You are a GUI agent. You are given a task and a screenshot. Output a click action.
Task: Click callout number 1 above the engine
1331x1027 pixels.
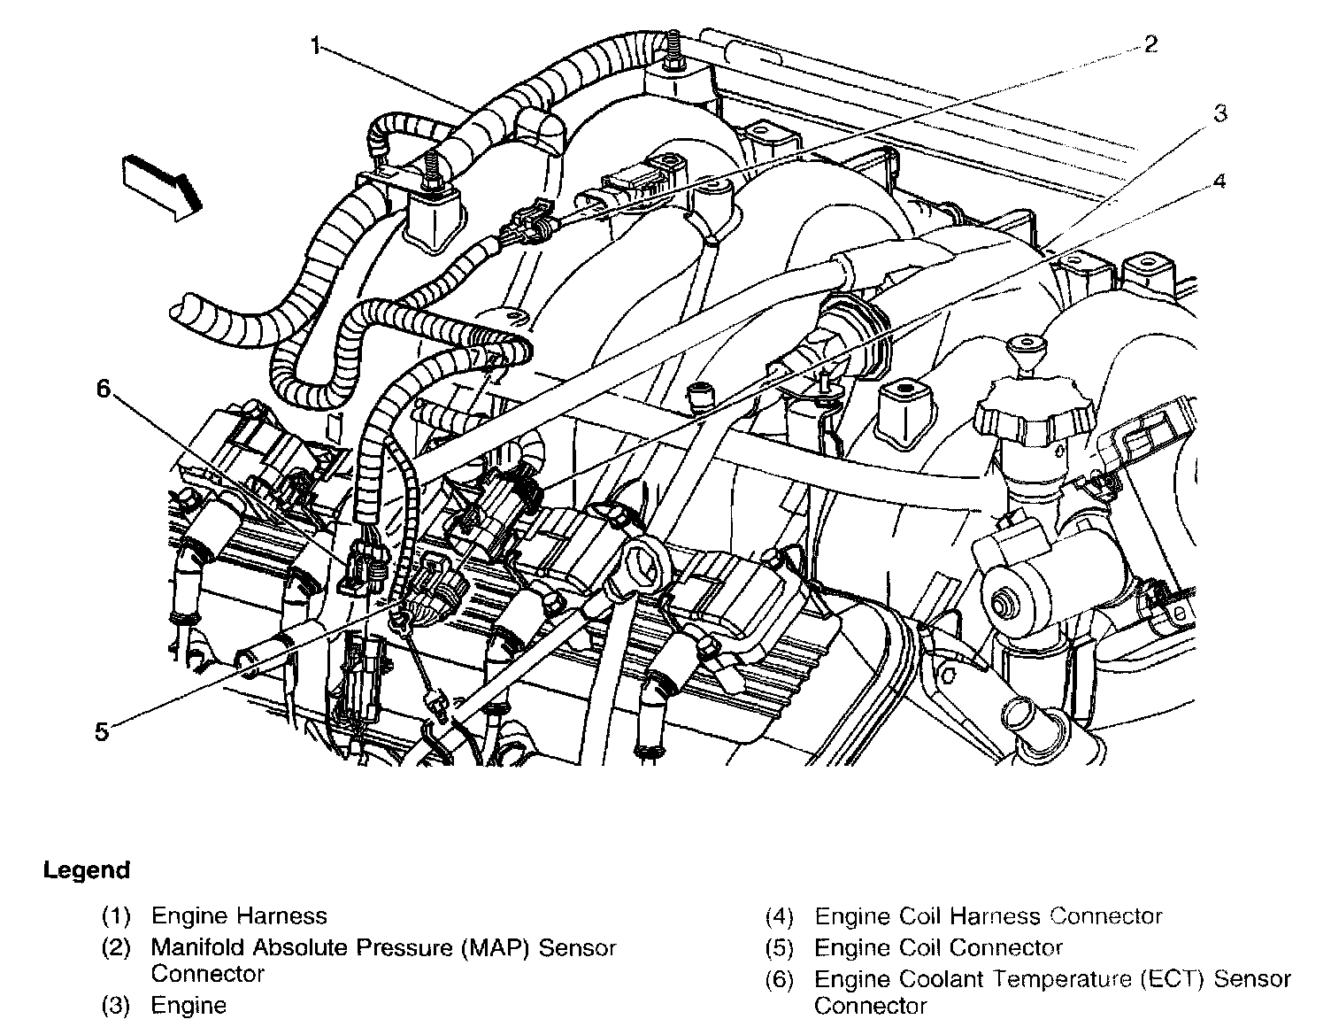point(316,45)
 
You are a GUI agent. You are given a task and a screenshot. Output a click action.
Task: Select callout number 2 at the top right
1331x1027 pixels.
point(1150,43)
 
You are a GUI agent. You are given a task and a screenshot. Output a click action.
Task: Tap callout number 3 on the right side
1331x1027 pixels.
point(1219,113)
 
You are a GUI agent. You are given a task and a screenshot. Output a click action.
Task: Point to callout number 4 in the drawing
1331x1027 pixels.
point(1219,181)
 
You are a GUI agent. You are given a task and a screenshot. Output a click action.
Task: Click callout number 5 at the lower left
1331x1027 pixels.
point(102,731)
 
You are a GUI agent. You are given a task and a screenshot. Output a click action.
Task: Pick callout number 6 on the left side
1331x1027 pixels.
point(105,389)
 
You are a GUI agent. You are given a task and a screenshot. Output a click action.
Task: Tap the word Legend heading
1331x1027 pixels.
point(87,870)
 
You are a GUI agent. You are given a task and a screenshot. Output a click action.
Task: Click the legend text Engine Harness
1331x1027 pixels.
point(239,916)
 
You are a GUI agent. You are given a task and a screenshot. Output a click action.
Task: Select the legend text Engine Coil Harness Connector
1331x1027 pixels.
point(988,916)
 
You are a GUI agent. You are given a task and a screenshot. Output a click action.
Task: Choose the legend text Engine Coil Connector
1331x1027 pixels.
point(938,948)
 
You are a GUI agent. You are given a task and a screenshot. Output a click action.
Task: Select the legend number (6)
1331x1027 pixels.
point(780,979)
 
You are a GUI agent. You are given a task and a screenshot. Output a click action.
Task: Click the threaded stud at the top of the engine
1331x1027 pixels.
point(675,49)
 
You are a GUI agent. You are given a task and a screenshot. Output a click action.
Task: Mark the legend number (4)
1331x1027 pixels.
point(780,916)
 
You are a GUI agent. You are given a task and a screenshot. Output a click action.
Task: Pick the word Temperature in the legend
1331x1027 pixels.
point(1045,979)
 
